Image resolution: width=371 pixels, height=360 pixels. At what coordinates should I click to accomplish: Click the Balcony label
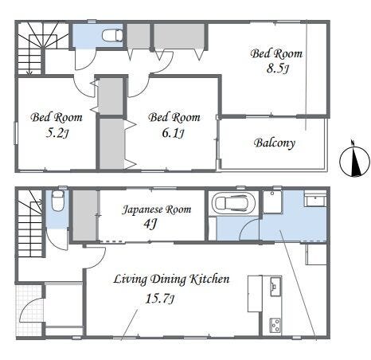click(x=275, y=143)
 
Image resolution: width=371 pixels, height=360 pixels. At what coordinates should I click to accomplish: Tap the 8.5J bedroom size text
click(x=278, y=68)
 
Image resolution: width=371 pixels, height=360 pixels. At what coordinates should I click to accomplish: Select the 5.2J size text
click(x=57, y=133)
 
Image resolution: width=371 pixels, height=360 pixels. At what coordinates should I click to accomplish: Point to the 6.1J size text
click(x=173, y=133)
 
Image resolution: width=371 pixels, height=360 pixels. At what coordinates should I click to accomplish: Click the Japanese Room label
click(x=157, y=209)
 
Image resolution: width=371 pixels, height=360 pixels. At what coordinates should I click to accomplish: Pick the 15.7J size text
click(x=160, y=299)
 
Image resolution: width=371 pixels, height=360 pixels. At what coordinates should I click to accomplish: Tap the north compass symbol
click(x=354, y=161)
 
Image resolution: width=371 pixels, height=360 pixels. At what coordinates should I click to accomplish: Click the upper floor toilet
click(x=112, y=35)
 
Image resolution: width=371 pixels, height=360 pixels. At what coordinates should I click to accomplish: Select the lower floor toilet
click(x=57, y=201)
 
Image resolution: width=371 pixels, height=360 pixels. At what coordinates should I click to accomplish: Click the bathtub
click(x=233, y=203)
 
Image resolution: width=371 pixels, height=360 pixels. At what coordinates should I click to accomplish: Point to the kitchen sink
click(x=275, y=286)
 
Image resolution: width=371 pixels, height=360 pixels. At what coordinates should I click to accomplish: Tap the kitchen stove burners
click(x=275, y=325)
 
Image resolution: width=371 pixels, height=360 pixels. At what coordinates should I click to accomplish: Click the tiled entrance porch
click(x=29, y=310)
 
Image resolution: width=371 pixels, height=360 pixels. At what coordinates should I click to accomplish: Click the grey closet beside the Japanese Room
click(x=85, y=215)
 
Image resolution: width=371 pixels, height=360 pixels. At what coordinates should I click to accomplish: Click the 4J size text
click(x=150, y=225)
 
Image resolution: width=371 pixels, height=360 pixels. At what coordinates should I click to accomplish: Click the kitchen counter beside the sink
click(x=255, y=294)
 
